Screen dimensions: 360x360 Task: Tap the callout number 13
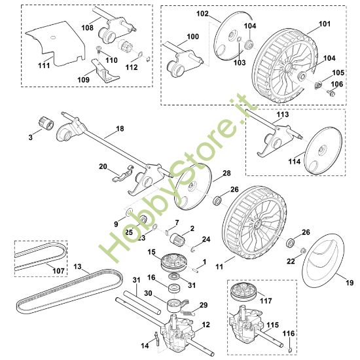click(x=77, y=267)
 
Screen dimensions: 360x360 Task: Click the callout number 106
click(x=338, y=84)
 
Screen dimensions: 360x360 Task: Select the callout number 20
click(x=102, y=167)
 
